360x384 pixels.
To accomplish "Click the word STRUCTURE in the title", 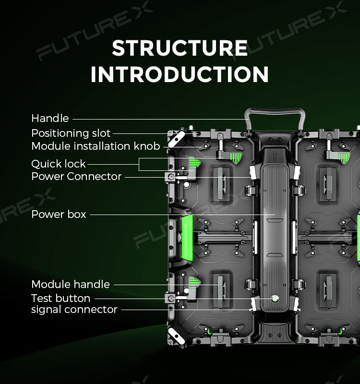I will coord(180,48).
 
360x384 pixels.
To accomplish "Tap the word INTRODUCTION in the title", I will coord(180,74).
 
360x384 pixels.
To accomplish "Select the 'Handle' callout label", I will coord(50,118).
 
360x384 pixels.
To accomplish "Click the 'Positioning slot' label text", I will coord(71,133).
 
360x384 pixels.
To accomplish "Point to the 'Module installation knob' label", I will coord(96,146).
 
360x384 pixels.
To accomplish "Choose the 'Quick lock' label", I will coord(59,164).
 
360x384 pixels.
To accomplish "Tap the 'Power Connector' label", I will coord(76,176).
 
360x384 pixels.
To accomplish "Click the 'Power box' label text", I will coord(59,214).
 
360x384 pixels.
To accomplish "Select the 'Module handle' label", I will coord(71,284).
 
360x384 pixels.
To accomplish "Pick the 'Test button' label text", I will coord(60,298).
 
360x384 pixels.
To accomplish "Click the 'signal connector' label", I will coord(74,310).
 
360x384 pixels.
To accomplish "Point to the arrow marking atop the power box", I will coord(275,156).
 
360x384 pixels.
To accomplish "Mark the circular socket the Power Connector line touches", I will coord(171,177).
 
